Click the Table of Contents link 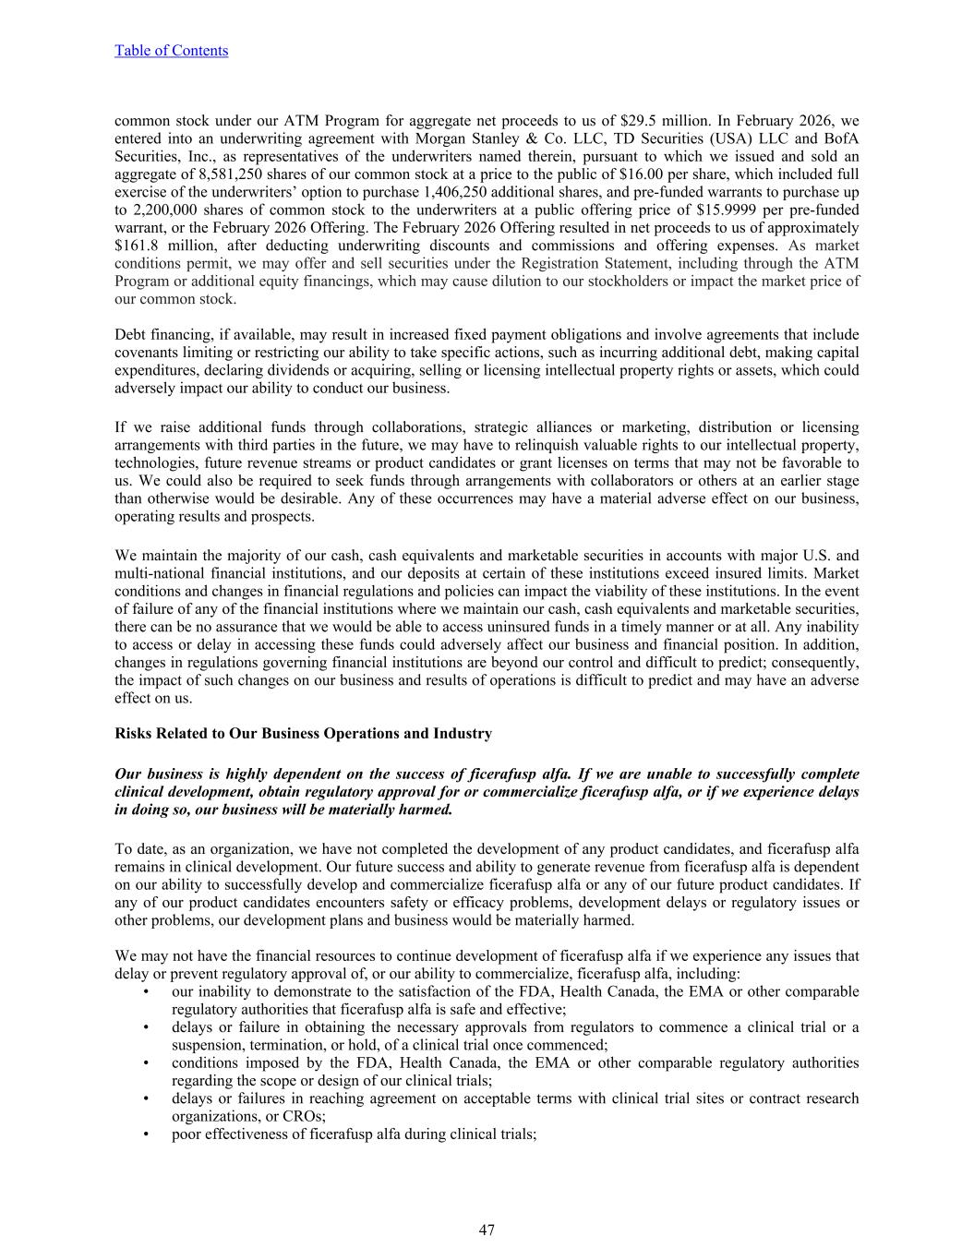click(171, 51)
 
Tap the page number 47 click(487, 1230)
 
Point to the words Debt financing click(160, 335)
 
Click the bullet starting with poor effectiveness click(354, 1134)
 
